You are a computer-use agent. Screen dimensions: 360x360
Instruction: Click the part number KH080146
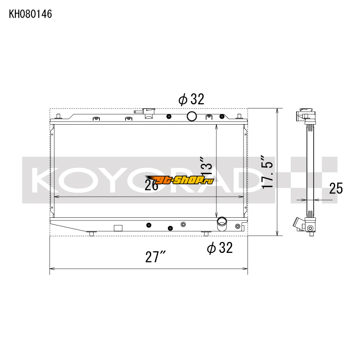pos(31,14)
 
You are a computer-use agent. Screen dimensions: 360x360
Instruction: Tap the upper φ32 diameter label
pos(191,99)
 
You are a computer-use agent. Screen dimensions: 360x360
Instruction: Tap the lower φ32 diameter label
pos(220,247)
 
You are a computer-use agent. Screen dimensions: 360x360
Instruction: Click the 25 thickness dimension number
pos(336,188)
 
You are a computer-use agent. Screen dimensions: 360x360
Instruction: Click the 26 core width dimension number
pos(152,184)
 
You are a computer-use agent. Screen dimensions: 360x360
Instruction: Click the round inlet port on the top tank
pos(192,117)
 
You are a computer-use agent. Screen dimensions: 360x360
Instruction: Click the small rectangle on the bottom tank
pos(118,228)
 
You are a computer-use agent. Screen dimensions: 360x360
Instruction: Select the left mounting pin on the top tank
pos(58,118)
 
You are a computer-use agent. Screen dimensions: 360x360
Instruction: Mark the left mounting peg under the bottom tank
pos(92,233)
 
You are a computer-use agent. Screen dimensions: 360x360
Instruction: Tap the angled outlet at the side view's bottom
pos(299,223)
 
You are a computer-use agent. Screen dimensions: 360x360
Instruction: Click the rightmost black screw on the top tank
pos(221,117)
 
